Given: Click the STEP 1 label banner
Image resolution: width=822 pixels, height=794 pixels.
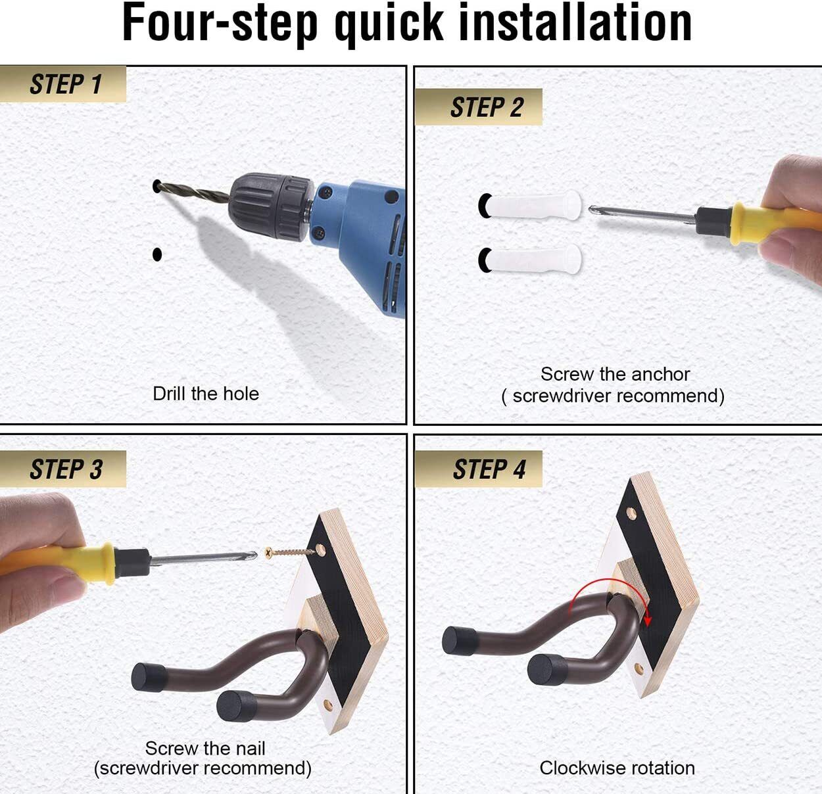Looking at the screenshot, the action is [63, 83].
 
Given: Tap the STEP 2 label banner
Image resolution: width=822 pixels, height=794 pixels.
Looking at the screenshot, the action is [479, 106].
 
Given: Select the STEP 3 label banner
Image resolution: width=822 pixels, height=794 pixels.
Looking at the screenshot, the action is [63, 469].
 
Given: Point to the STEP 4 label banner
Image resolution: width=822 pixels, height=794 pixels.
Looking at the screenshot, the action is [479, 469].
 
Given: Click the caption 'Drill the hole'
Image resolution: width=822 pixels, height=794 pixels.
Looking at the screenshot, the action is [206, 394].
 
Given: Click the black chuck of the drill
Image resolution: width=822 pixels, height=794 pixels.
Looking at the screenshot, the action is [271, 207].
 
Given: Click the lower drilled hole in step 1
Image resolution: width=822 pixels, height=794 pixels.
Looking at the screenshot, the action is [157, 254].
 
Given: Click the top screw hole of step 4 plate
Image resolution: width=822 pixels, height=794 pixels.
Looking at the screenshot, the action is [631, 514].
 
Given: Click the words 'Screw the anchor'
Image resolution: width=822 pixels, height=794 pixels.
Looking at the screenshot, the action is [615, 374].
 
